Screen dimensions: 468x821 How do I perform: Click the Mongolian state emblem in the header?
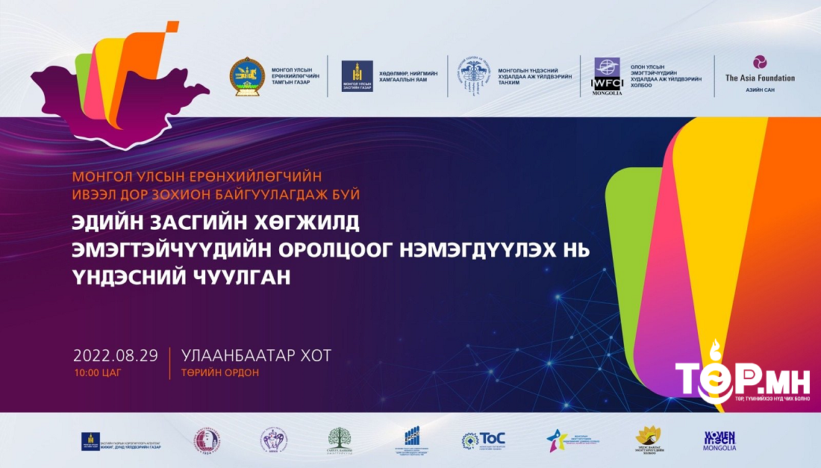(x=247, y=76)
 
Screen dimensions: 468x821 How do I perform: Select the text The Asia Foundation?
(x=760, y=78)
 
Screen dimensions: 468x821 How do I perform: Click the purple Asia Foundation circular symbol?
(x=760, y=62)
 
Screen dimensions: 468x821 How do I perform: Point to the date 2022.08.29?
(x=116, y=355)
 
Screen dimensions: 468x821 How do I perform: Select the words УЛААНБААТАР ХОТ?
(x=256, y=356)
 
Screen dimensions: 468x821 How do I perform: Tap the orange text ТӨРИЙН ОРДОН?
(x=220, y=372)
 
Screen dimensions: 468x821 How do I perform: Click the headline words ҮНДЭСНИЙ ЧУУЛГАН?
(x=180, y=276)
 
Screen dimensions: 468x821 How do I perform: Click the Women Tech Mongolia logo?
(x=719, y=440)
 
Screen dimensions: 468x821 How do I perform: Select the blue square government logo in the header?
(x=357, y=76)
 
